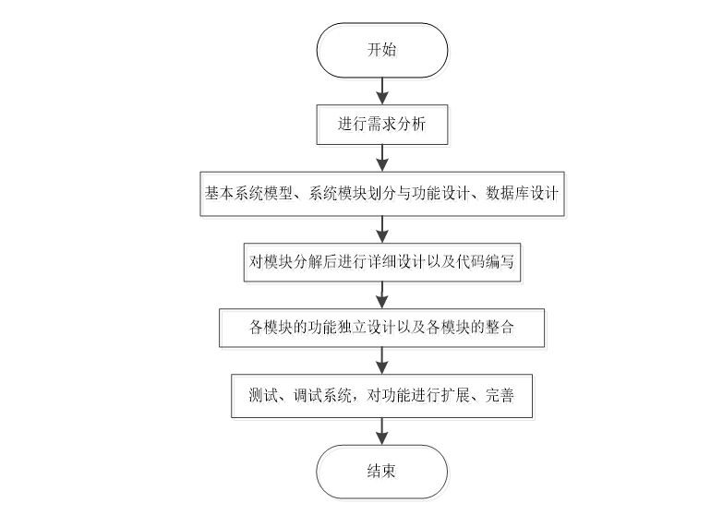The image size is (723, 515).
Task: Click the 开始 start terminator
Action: (382, 50)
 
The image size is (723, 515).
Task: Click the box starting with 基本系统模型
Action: (382, 195)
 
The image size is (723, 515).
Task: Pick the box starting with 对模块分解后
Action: (382, 261)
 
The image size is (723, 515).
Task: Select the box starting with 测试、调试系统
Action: (382, 395)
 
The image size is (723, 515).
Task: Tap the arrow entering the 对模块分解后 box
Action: (382, 228)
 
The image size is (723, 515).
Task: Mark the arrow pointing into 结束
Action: (382, 432)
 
